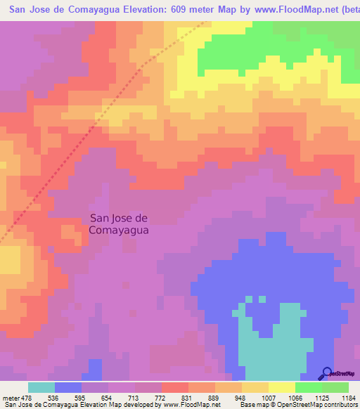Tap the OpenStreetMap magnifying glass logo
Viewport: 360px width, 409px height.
click(x=326, y=374)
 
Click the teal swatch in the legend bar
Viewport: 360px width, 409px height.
click(x=41, y=387)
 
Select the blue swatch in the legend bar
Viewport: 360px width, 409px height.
click(x=68, y=387)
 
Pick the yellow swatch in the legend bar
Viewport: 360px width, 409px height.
click(x=282, y=387)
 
